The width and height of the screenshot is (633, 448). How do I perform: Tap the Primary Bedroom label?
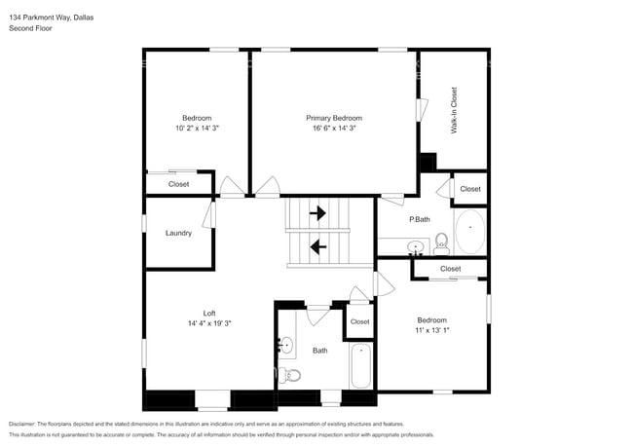[x=334, y=118]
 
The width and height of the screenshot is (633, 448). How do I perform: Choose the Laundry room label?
[x=178, y=233]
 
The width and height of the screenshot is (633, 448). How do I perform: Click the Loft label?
[x=209, y=313]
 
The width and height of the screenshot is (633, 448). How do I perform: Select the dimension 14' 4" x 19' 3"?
[x=209, y=323]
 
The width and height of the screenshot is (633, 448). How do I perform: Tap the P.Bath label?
[x=419, y=219]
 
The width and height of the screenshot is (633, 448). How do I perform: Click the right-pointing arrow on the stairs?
[x=317, y=212]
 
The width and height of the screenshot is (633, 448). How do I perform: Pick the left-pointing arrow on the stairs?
[x=317, y=246]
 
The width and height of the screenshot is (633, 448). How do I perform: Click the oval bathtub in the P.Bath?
[x=470, y=232]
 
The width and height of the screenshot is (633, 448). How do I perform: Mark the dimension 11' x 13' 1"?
[x=432, y=331]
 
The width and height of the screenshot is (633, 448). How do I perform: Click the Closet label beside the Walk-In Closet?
[x=469, y=189]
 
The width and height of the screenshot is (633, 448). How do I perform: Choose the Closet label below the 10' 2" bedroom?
[x=178, y=183]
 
